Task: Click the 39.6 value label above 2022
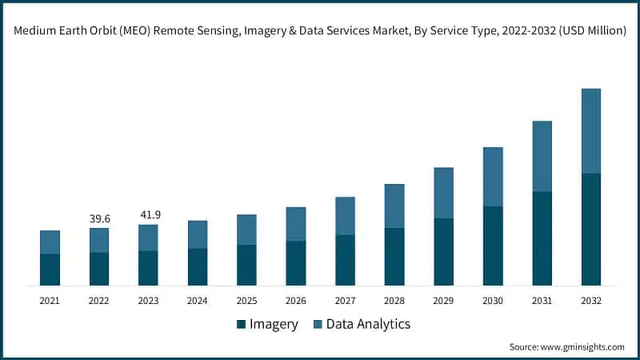(x=99, y=219)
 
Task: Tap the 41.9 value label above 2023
(x=148, y=215)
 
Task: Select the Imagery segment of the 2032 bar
(x=591, y=229)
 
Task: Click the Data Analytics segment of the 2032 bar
(x=591, y=130)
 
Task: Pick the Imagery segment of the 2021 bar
(x=50, y=270)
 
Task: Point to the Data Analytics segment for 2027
(x=346, y=216)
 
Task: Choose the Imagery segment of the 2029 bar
(x=444, y=251)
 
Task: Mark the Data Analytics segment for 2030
(x=493, y=177)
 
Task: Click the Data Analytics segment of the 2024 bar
(x=198, y=234)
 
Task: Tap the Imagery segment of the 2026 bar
(x=296, y=262)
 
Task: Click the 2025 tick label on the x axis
(x=246, y=301)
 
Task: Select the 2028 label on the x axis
(x=394, y=301)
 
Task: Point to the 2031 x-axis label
(x=542, y=301)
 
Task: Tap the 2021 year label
(x=50, y=301)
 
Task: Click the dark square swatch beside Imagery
(x=241, y=324)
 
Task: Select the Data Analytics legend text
(x=367, y=324)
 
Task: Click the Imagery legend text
(x=274, y=324)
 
